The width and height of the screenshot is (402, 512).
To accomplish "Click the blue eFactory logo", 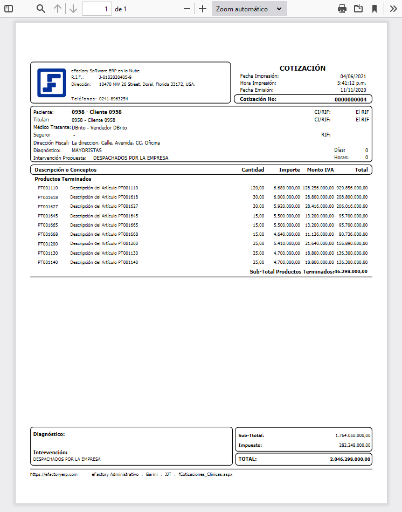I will (51, 83).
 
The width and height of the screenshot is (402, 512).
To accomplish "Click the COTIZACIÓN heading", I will (302, 69).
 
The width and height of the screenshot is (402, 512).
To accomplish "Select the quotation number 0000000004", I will (350, 99).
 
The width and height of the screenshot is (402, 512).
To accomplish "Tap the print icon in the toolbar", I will (342, 9).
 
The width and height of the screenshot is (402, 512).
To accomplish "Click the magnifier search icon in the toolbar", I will (41, 9).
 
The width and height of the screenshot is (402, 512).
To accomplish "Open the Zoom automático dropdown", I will (249, 9).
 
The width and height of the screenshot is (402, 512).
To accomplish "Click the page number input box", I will (97, 9).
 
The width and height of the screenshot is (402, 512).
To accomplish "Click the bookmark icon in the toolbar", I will (375, 9).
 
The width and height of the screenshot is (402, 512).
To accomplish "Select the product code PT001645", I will (47, 216).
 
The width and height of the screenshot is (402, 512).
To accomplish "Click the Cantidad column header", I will (253, 169).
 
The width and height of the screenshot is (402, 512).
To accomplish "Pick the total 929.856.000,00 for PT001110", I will (352, 188).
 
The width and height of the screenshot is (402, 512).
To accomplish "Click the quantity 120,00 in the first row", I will (257, 188).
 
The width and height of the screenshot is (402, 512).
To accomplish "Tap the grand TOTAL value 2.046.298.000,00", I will (350, 459).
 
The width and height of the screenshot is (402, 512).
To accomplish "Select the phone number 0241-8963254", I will (113, 99).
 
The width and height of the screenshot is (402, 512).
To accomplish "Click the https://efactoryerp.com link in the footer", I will (54, 474).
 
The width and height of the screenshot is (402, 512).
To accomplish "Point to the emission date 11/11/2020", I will (354, 90).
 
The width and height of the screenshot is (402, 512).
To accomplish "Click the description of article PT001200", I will (104, 243).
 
